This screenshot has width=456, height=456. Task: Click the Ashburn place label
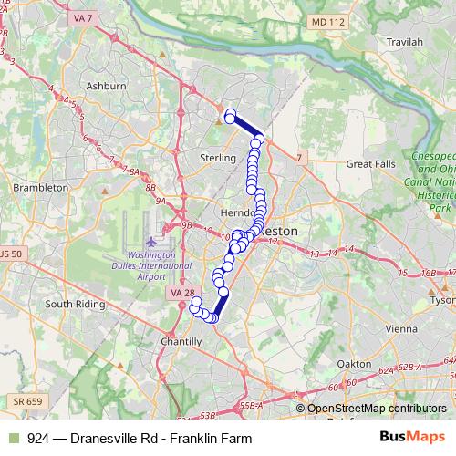[x=109, y=85]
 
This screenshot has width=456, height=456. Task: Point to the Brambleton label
[x=40, y=187]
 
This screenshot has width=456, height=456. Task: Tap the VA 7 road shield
[x=83, y=17]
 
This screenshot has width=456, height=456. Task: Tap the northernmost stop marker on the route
[x=230, y=115]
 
